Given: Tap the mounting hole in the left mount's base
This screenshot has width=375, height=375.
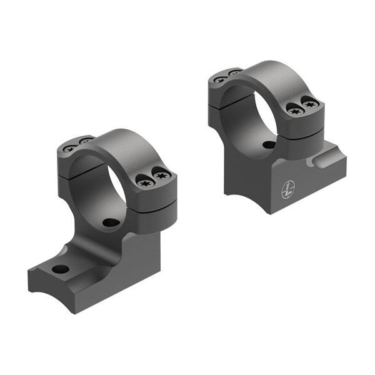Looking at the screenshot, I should (61, 269).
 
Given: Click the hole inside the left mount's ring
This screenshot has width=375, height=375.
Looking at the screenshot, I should (111, 222).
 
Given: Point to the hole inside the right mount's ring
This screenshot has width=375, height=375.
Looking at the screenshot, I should (269, 144).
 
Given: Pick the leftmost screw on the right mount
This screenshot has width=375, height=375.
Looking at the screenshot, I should (219, 79).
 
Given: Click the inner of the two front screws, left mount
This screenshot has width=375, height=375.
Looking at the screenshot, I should (146, 183).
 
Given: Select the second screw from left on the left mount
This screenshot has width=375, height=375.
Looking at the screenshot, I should (83, 141).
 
